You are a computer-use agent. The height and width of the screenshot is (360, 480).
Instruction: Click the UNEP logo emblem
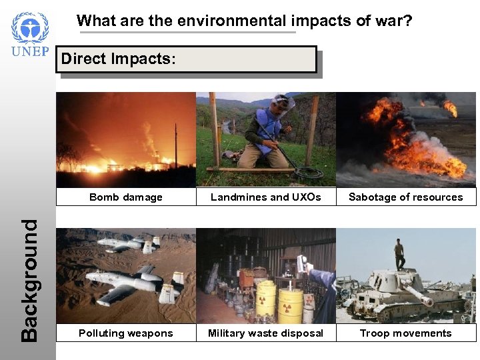click(x=29, y=27)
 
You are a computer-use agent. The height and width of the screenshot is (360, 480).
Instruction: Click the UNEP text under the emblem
click(x=29, y=53)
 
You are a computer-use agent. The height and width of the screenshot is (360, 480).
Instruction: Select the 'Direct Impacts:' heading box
click(x=187, y=59)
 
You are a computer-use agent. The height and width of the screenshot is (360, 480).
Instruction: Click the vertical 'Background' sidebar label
click(x=29, y=280)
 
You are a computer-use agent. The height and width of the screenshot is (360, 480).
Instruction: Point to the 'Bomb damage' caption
click(x=126, y=197)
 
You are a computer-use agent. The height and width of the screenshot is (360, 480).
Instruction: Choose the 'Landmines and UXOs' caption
click(x=266, y=197)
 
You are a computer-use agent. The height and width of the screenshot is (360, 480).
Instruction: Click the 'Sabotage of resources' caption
click(x=405, y=197)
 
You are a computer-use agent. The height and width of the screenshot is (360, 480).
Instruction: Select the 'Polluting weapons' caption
click(x=126, y=333)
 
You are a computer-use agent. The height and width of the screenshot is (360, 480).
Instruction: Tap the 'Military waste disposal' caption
click(x=266, y=333)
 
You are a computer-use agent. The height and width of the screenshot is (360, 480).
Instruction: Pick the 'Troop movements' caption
click(x=405, y=333)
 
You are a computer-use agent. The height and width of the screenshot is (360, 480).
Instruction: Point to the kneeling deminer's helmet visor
click(x=283, y=104)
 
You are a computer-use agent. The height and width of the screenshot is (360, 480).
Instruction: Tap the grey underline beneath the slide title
click(x=187, y=31)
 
